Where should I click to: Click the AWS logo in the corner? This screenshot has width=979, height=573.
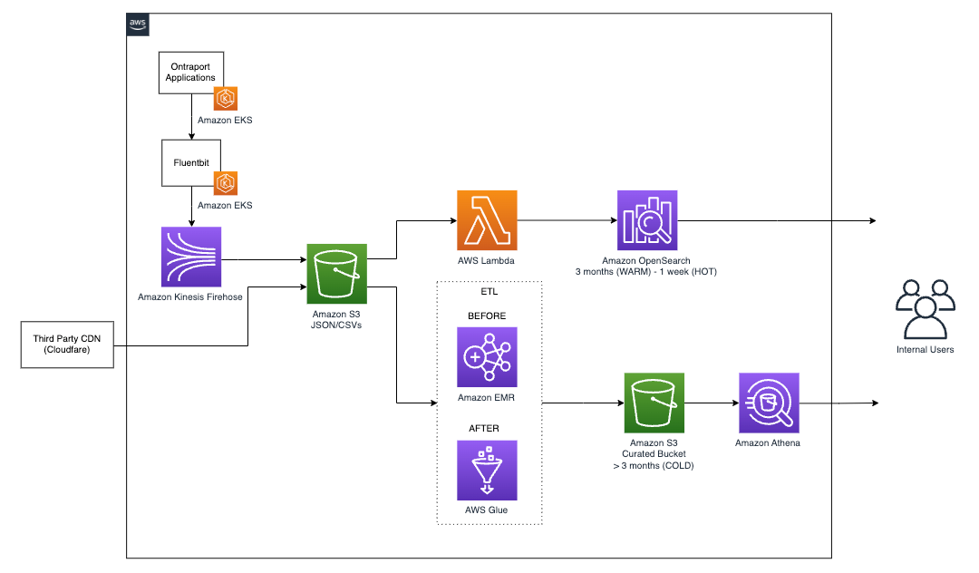[138, 24]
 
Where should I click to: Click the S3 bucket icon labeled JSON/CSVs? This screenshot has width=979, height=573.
[337, 273]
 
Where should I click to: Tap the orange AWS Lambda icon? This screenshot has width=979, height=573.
[488, 220]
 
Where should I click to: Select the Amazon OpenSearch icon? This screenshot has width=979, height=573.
[647, 220]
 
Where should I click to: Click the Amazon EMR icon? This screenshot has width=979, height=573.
[488, 356]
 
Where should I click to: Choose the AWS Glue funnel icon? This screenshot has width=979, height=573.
[488, 470]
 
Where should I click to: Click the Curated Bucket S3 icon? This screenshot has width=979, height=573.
[654, 403]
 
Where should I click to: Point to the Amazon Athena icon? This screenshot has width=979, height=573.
[769, 403]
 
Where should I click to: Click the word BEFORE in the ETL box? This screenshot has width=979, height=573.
[487, 316]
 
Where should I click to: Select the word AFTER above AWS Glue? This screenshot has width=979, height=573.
[487, 429]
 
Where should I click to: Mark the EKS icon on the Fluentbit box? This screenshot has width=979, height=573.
[225, 183]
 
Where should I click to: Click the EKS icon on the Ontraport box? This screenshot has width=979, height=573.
[225, 98]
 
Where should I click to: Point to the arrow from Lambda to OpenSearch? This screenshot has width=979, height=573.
[567, 220]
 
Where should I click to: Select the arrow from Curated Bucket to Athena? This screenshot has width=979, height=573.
[712, 403]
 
